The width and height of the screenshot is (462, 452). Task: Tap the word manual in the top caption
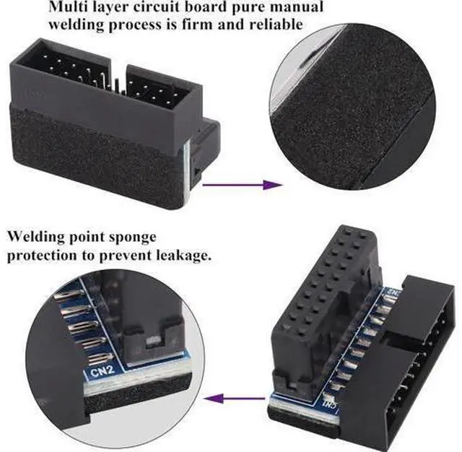(x=292, y=7)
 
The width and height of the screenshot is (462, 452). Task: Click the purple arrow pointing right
(x=242, y=185)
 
